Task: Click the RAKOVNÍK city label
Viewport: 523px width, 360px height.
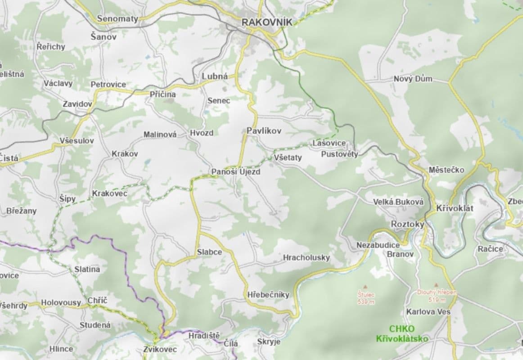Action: coord(266,22)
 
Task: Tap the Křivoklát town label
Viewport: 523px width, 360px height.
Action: coord(455,208)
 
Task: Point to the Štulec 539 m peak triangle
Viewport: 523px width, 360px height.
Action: coord(365,286)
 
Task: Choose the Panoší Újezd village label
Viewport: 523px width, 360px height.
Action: coord(236,172)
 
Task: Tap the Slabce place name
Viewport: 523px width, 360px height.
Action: coord(209,252)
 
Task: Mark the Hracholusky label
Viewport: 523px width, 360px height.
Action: coord(307,257)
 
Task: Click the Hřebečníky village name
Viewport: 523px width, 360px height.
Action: coord(268,295)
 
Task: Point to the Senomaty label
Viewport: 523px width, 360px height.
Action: coord(117,19)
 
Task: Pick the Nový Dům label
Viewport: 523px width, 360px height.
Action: coord(413,79)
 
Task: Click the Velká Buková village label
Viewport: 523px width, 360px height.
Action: coord(398,202)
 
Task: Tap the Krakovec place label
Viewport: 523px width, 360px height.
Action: coord(109,193)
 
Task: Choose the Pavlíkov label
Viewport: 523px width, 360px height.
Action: coord(264,131)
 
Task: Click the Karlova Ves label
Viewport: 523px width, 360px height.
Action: coord(428,311)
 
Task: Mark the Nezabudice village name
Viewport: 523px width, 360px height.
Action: coord(378,245)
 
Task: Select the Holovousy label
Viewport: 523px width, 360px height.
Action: coord(61,303)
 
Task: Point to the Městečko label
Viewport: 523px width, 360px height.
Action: coord(446,170)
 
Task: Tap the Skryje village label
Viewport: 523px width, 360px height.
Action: coord(269,342)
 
